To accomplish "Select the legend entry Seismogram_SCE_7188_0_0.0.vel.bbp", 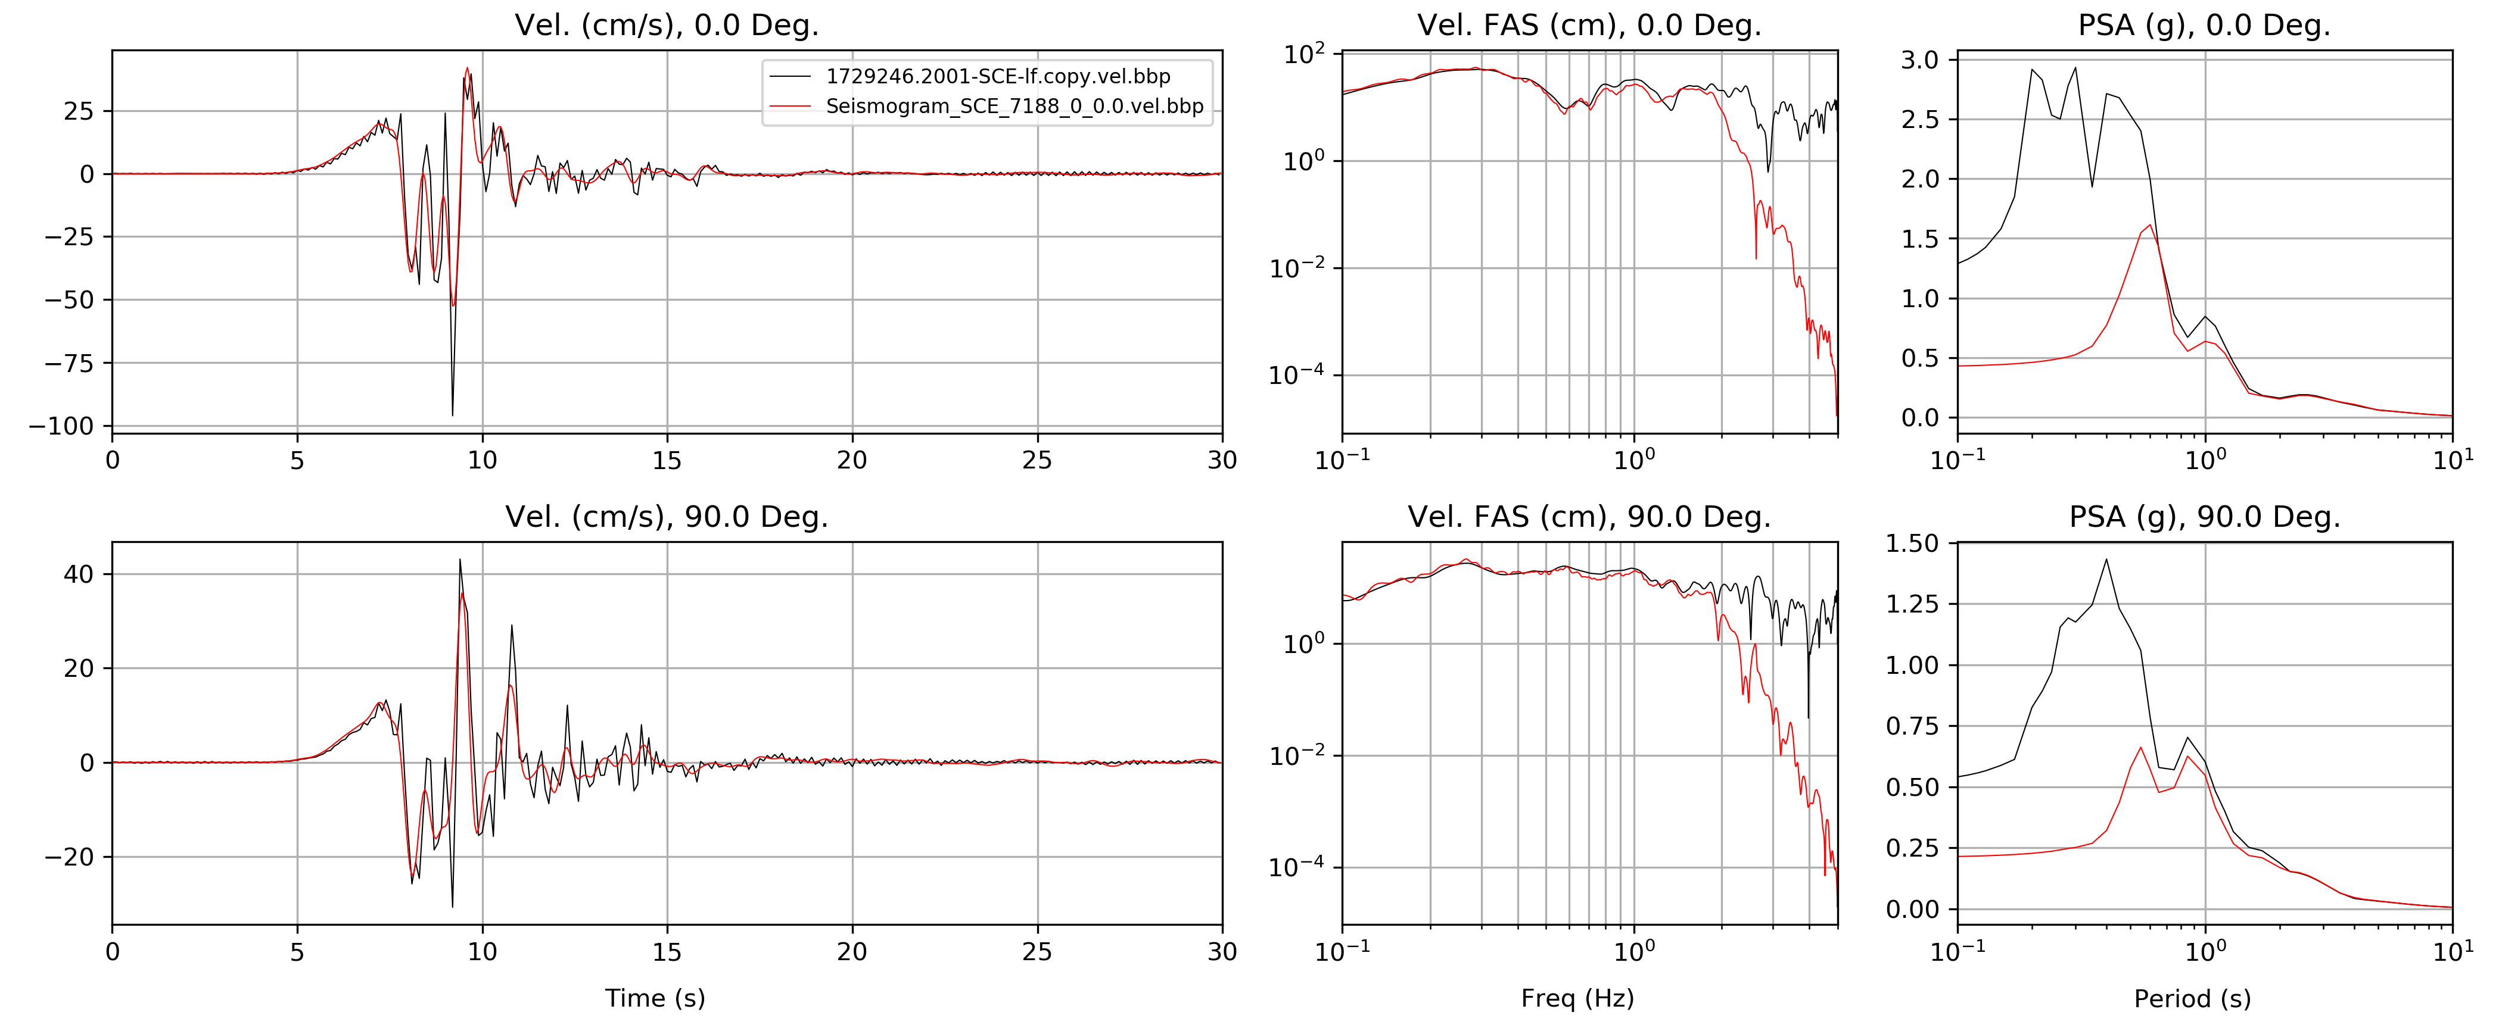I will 1014,106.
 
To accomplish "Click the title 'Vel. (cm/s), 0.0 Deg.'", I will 666,25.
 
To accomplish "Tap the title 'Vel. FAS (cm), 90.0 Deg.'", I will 1589,517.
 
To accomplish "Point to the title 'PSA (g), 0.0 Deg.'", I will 2204,25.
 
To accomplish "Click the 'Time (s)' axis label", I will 655,998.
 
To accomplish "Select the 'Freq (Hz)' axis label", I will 1577,998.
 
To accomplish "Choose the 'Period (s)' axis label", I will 2192,998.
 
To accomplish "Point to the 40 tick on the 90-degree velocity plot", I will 79,574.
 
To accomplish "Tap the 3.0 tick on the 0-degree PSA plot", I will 1919,60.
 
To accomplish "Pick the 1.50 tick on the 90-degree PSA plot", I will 1912,543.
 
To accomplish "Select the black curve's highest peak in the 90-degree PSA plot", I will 2106,559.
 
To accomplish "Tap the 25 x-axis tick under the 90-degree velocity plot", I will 1037,951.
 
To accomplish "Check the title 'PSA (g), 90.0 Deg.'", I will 2204,517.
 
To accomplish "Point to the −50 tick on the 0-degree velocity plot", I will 70,300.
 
